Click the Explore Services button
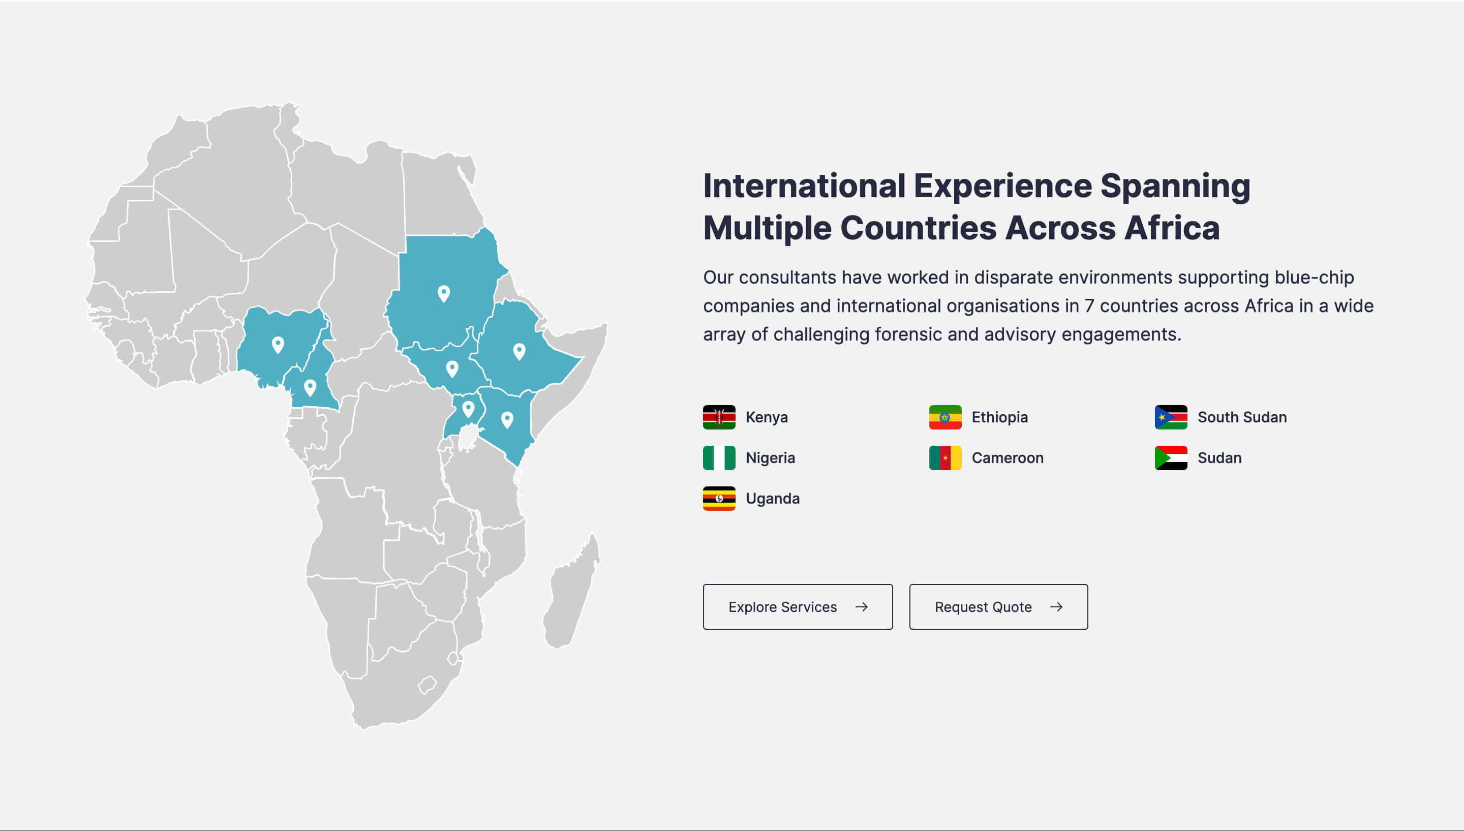798,607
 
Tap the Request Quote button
998,607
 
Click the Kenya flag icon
719,417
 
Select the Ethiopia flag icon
945,417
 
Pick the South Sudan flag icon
1171,417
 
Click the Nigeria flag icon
719,458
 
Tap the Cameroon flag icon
945,458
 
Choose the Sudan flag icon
1171,458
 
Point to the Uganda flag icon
719,498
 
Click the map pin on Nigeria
278,345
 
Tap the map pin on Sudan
443,293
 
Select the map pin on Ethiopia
519,352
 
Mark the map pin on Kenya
507,420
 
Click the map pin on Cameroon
310,387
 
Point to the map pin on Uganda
468,409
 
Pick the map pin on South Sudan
452,368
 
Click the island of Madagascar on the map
571,594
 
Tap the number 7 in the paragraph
1089,306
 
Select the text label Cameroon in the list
1008,458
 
